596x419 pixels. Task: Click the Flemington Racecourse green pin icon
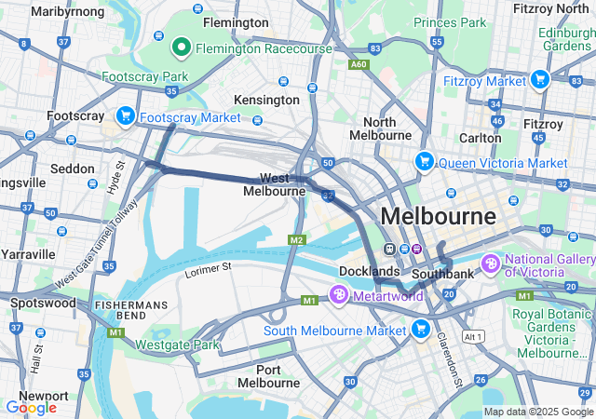(x=182, y=46)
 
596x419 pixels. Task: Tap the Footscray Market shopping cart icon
(x=125, y=115)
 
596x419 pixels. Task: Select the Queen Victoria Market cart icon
(x=425, y=161)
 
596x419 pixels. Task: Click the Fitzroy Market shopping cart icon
(x=539, y=80)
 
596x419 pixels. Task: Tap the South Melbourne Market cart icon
(x=421, y=329)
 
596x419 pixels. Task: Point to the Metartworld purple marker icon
(x=340, y=296)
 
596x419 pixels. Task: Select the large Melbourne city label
(x=439, y=216)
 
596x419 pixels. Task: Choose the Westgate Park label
(x=178, y=345)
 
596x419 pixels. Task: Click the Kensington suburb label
(x=266, y=100)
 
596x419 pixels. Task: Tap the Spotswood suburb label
(x=44, y=304)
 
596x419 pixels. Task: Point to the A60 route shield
(x=359, y=64)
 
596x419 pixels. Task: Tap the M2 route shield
(x=296, y=240)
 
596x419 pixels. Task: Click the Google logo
(x=31, y=407)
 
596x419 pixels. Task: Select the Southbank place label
(x=443, y=275)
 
